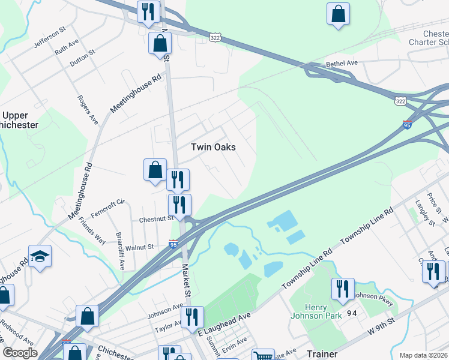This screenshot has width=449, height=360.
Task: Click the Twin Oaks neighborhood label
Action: tap(212, 147)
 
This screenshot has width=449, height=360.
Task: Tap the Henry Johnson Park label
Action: tap(316, 310)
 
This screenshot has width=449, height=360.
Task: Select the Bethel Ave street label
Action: tap(342, 63)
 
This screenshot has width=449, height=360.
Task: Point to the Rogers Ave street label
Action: tap(87, 110)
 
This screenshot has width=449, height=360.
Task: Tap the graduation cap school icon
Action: tap(40, 256)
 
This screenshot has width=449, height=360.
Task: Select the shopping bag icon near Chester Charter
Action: tap(338, 13)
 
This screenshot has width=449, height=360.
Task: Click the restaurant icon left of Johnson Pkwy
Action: tap(343, 288)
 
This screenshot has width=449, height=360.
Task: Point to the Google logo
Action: tap(20, 353)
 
